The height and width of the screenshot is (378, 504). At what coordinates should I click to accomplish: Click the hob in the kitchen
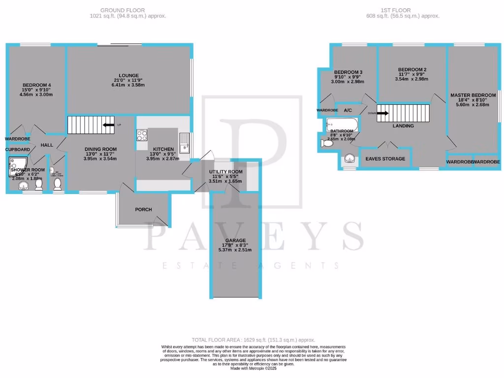141,135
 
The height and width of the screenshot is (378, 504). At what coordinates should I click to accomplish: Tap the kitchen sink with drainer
184,142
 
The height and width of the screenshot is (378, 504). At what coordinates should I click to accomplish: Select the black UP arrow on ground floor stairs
106,125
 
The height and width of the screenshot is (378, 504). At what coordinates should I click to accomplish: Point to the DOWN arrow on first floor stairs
383,113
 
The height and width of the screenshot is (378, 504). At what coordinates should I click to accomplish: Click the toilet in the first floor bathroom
326,143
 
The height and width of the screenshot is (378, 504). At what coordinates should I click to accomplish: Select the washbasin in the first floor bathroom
349,158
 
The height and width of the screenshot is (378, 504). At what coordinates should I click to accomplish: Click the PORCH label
143,210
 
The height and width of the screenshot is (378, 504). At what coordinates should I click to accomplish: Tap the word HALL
47,145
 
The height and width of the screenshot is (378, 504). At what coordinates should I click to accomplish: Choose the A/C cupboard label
348,110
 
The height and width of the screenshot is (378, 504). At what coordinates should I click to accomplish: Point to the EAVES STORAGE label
385,159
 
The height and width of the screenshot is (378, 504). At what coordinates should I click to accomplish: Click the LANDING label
403,126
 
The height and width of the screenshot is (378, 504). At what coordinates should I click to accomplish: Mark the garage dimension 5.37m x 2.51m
235,250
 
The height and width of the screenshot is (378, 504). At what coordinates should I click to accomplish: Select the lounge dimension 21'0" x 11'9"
128,81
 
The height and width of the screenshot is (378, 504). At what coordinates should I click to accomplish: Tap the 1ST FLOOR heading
395,10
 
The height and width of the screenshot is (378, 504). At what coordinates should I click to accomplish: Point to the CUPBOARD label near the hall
18,149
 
